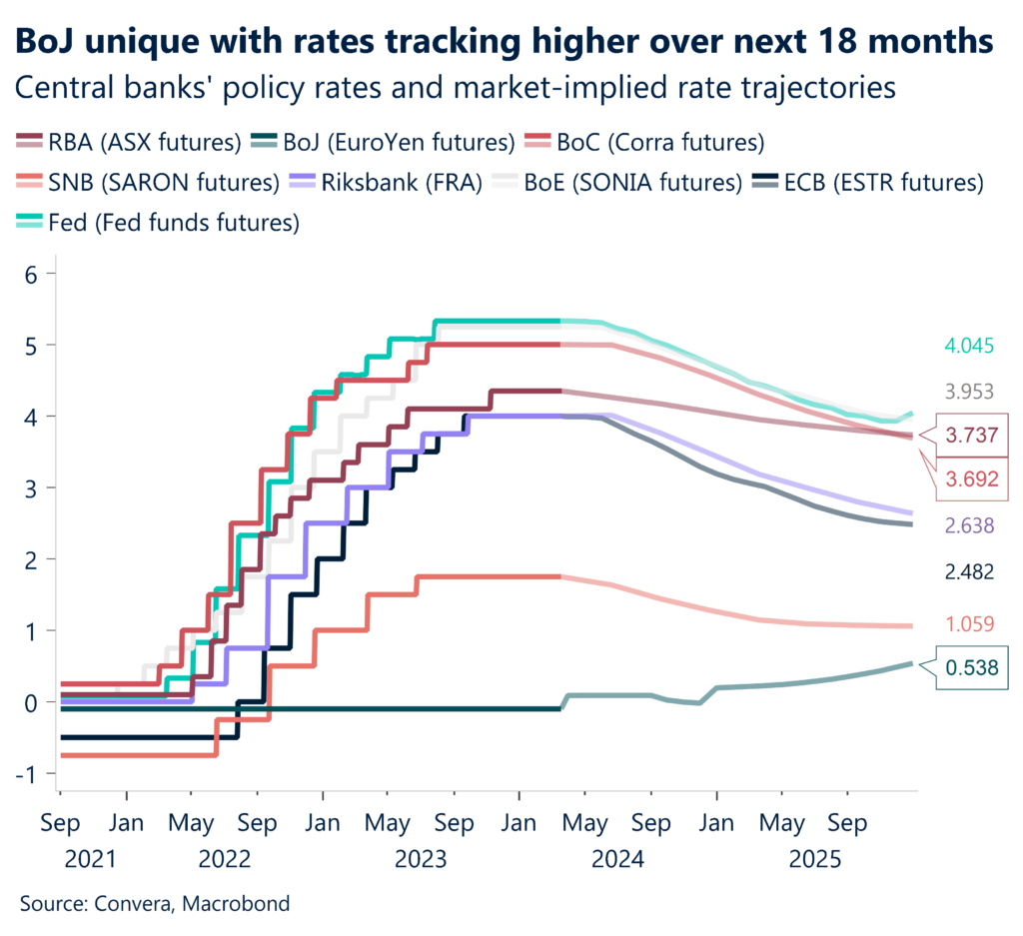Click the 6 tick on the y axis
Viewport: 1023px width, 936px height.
(30, 274)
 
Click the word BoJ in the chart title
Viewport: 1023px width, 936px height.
(47, 42)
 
